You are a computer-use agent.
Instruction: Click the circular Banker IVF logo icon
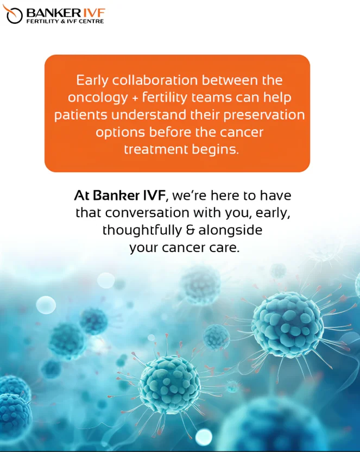click(x=12, y=15)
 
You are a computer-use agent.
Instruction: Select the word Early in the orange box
click(x=92, y=80)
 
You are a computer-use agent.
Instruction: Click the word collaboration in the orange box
click(x=155, y=80)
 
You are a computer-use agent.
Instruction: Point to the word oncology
click(x=98, y=98)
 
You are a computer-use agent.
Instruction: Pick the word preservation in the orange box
click(x=264, y=115)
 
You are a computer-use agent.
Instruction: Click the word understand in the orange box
click(x=149, y=115)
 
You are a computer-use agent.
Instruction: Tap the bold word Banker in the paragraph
click(x=117, y=196)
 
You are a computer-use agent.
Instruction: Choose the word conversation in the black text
click(x=148, y=213)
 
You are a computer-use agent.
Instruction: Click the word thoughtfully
click(x=142, y=230)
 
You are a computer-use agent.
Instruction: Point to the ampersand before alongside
click(x=191, y=230)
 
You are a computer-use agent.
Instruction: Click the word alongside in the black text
click(x=230, y=230)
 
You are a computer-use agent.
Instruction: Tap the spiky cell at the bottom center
click(x=170, y=384)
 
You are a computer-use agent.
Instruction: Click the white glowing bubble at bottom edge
click(x=204, y=437)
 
